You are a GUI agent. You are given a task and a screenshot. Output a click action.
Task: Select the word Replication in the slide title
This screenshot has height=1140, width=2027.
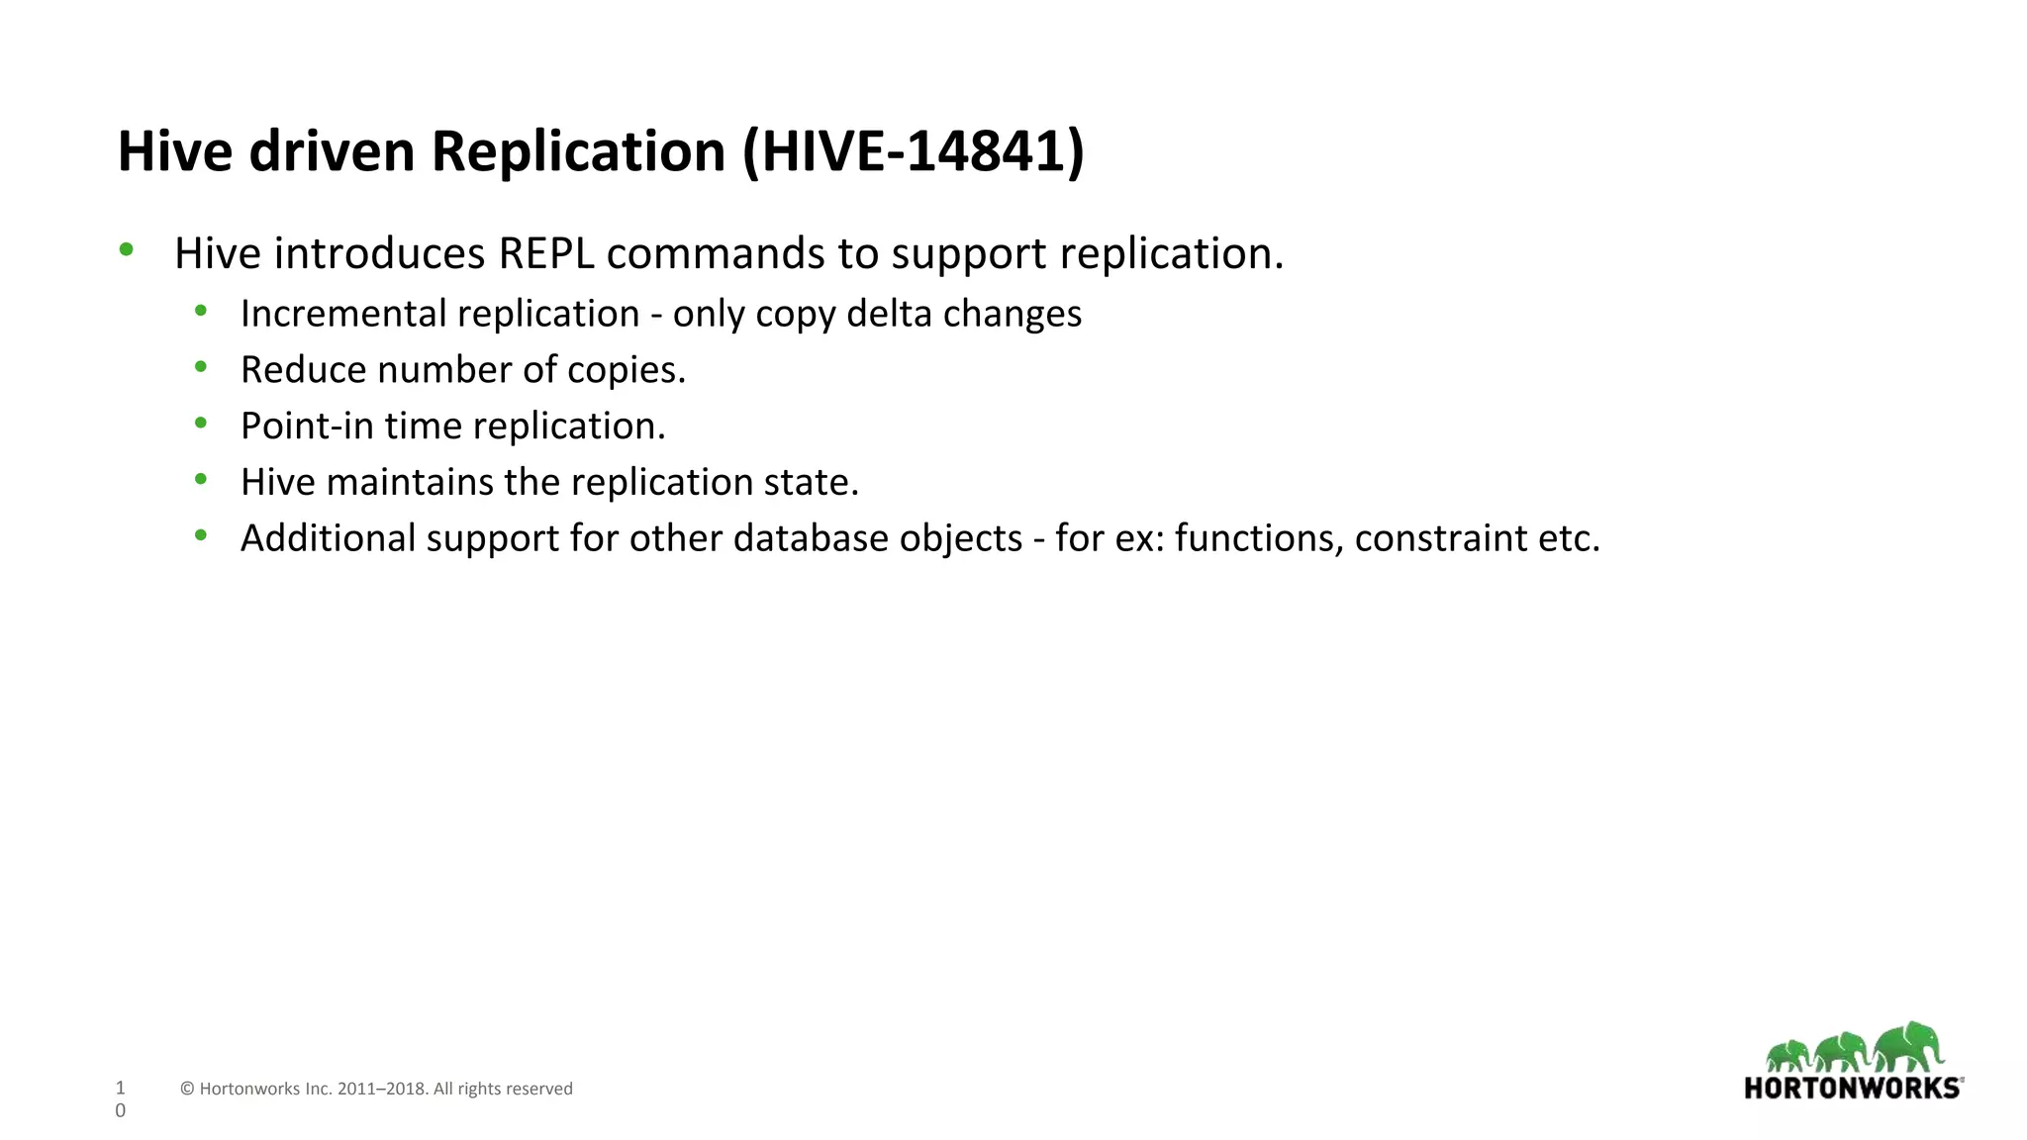[x=578, y=151]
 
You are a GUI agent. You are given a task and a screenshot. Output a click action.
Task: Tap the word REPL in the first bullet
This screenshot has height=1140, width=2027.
[x=546, y=253]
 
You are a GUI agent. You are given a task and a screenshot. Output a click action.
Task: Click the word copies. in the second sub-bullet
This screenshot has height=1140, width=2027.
[x=627, y=370]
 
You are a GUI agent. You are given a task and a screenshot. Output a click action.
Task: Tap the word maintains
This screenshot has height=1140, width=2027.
[x=409, y=483]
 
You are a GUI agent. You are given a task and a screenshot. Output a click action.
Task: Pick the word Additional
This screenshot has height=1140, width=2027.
[x=328, y=539]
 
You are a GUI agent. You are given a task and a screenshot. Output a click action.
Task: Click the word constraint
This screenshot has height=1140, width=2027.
[x=1440, y=539]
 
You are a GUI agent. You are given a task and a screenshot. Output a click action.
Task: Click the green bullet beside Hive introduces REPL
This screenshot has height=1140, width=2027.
[x=126, y=249]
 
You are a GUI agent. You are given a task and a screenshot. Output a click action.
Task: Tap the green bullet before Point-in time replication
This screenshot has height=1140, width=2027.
[x=201, y=424]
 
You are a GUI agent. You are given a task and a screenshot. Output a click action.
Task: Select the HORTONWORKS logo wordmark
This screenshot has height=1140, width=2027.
[x=1853, y=1089]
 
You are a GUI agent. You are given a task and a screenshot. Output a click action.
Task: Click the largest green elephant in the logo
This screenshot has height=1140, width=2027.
[x=1907, y=1047]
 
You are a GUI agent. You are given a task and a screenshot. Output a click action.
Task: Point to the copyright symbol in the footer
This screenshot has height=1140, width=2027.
[x=187, y=1090]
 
